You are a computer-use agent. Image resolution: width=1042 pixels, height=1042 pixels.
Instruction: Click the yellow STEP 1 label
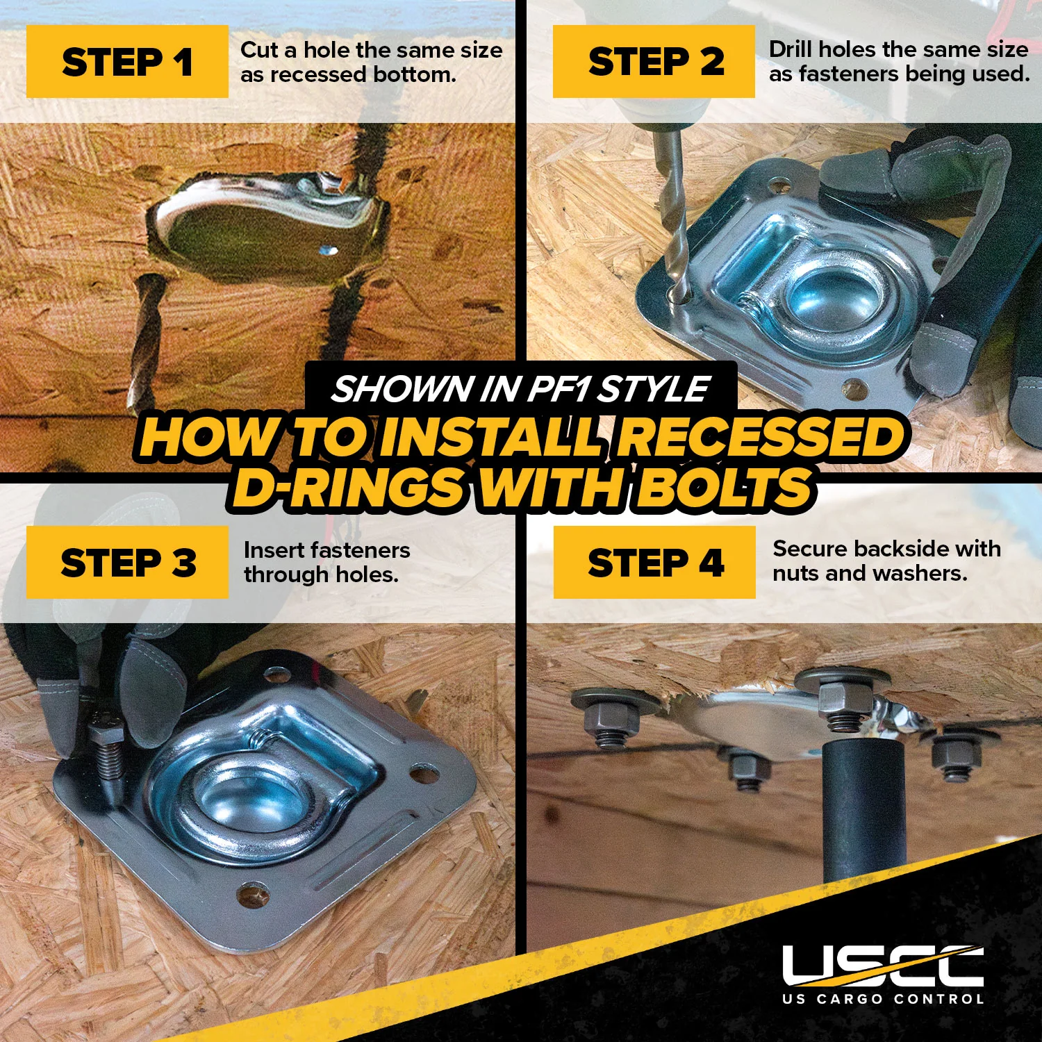pyautogui.click(x=127, y=61)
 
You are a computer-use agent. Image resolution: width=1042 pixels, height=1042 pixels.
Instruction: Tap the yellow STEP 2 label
pyautogui.click(x=654, y=61)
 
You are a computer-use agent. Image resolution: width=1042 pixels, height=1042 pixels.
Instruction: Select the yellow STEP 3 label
pyautogui.click(x=127, y=562)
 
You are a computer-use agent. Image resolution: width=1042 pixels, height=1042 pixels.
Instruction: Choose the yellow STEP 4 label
pyautogui.click(x=654, y=562)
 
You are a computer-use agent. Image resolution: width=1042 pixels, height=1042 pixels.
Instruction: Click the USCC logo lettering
pyautogui.click(x=883, y=966)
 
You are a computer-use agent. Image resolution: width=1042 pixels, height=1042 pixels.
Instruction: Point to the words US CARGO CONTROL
pyautogui.click(x=883, y=999)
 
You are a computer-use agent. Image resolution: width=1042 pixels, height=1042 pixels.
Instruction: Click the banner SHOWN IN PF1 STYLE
pyautogui.click(x=520, y=388)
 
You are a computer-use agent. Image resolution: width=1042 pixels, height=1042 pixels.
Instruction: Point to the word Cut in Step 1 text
pyautogui.click(x=258, y=50)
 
